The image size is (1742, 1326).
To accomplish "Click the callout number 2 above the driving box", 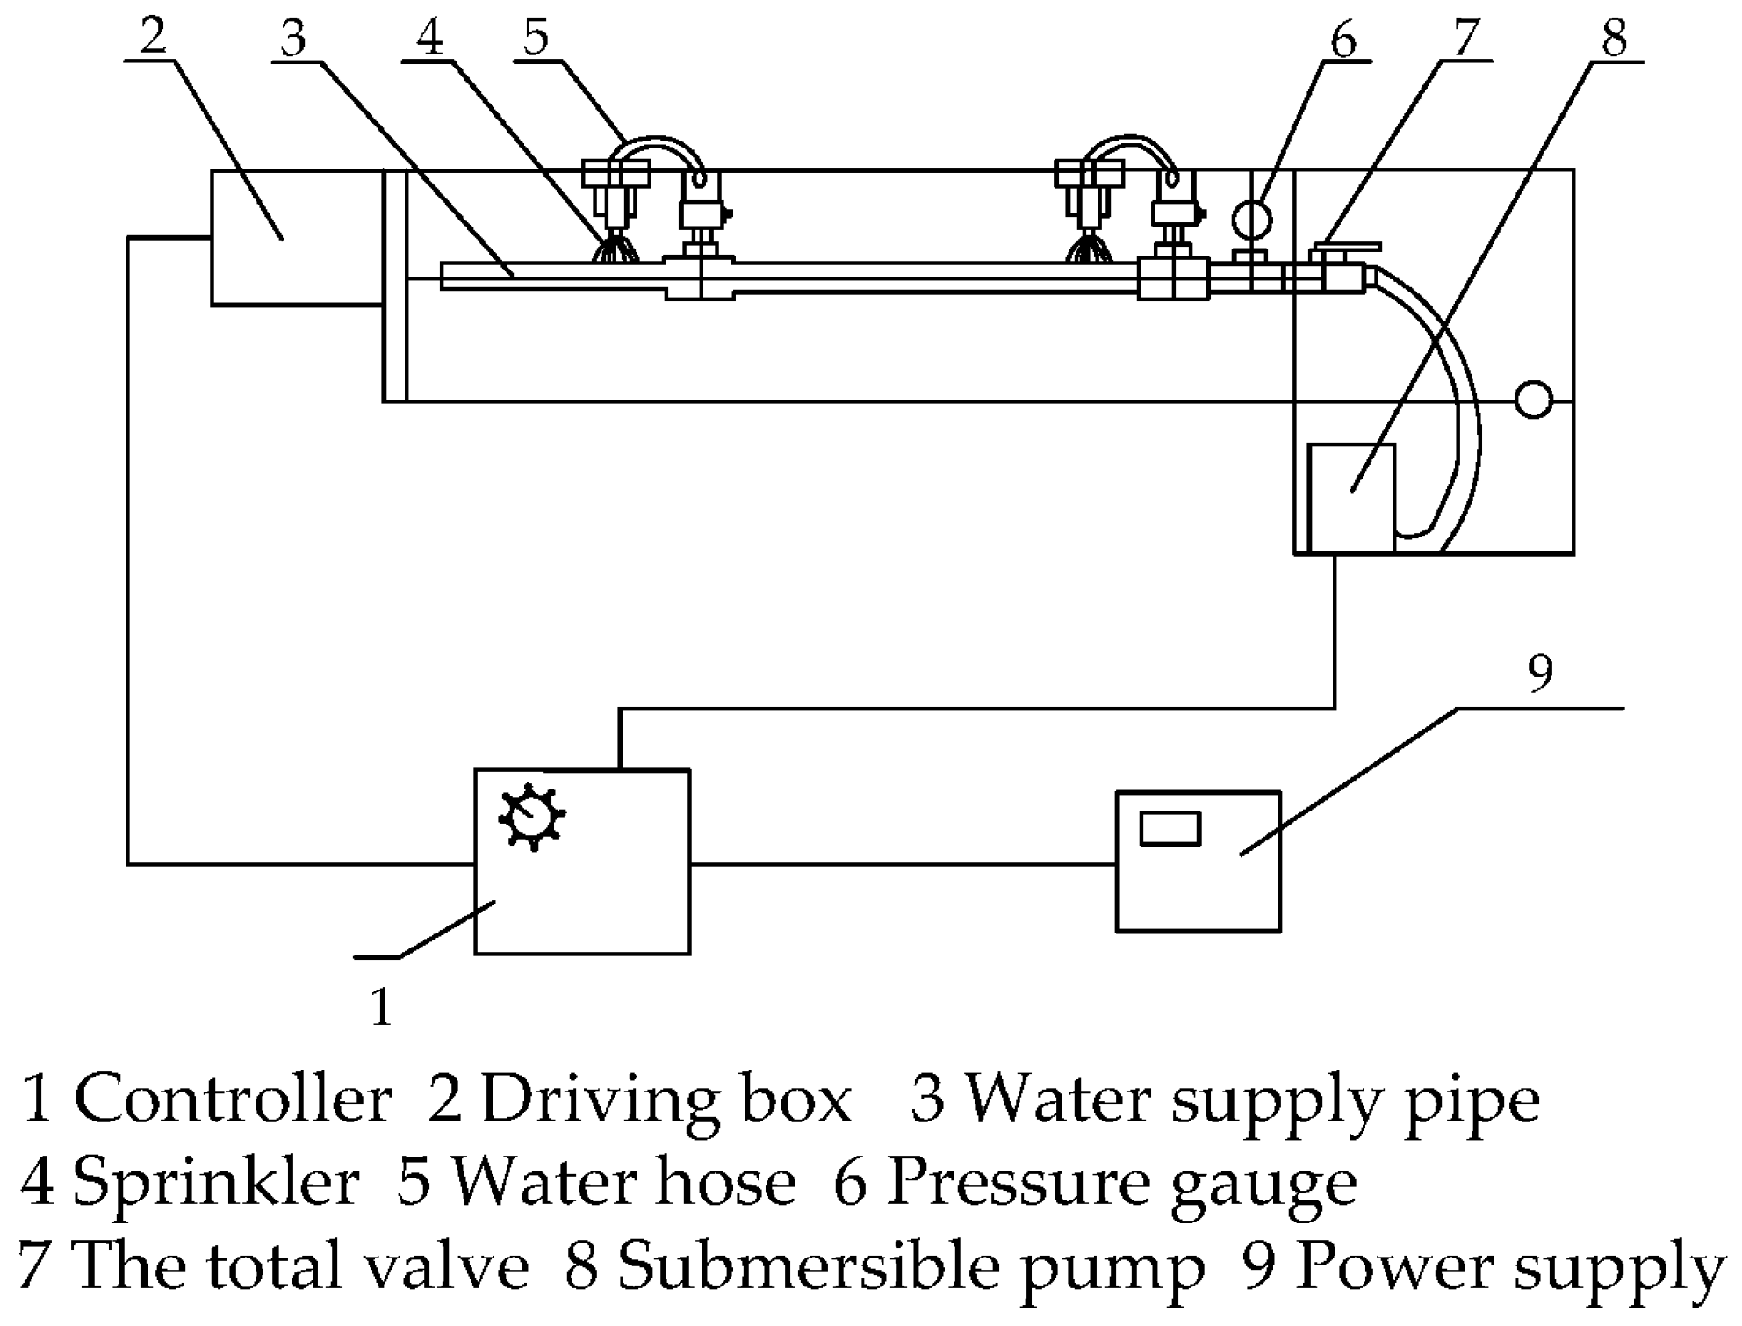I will point(153,36).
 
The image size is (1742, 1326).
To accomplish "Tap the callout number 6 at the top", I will point(1344,40).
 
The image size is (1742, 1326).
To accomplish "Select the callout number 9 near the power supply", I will point(1540,674).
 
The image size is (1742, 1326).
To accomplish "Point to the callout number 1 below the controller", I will point(381,1007).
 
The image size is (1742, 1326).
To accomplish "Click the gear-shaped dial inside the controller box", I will point(531,817).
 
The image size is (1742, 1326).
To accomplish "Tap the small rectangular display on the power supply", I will point(1170,829).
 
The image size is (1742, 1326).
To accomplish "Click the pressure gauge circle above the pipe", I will point(1251,220).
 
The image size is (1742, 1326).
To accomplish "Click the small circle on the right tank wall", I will point(1533,400).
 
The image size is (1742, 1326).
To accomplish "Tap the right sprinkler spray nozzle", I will point(1089,251).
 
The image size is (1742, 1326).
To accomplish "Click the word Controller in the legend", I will point(233,1099).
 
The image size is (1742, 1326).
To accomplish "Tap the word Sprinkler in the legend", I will point(216,1183).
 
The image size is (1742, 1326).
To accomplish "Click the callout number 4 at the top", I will point(429,38).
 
